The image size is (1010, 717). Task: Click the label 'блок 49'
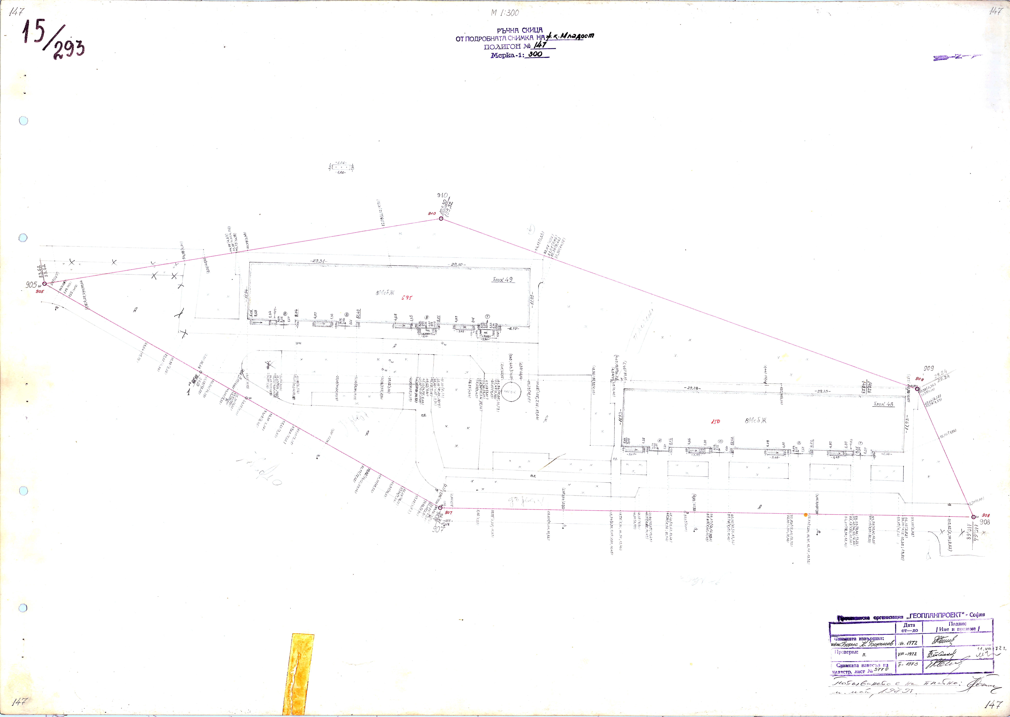pos(503,279)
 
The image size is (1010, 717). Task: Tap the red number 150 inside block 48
pos(715,422)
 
